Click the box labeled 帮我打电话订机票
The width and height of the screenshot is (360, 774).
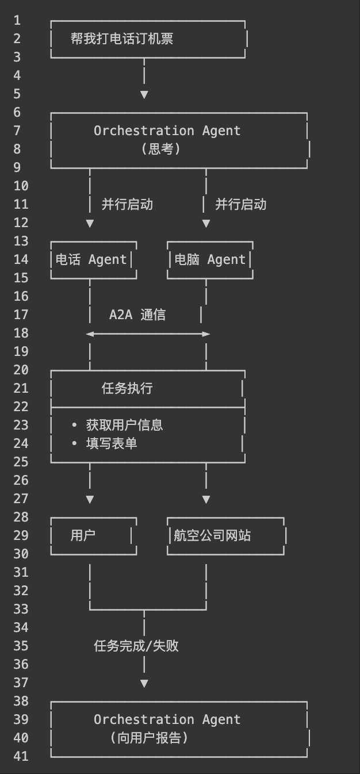point(148,39)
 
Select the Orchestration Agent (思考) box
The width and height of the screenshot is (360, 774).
point(179,140)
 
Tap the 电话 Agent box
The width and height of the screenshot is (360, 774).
point(93,260)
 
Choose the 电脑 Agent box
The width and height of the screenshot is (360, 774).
point(210,260)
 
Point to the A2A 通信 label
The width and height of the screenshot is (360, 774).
point(137,315)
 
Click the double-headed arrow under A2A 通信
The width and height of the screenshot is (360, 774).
point(148,334)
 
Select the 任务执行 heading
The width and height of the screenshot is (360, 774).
point(127,389)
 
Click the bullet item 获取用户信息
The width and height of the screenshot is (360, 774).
point(124,425)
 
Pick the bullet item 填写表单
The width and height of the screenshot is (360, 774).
point(112,443)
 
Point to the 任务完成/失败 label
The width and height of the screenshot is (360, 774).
point(136,646)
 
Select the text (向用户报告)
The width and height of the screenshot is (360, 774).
point(149,738)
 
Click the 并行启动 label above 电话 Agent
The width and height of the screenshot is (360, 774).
point(127,204)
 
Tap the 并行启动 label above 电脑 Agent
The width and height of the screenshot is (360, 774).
point(240,204)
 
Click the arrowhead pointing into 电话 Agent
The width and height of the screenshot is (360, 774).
point(90,224)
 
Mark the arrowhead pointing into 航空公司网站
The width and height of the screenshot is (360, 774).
point(206,500)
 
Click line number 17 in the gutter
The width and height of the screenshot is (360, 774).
point(21,315)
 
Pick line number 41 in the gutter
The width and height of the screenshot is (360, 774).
point(21,756)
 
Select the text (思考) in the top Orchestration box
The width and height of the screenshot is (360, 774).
point(161,149)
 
